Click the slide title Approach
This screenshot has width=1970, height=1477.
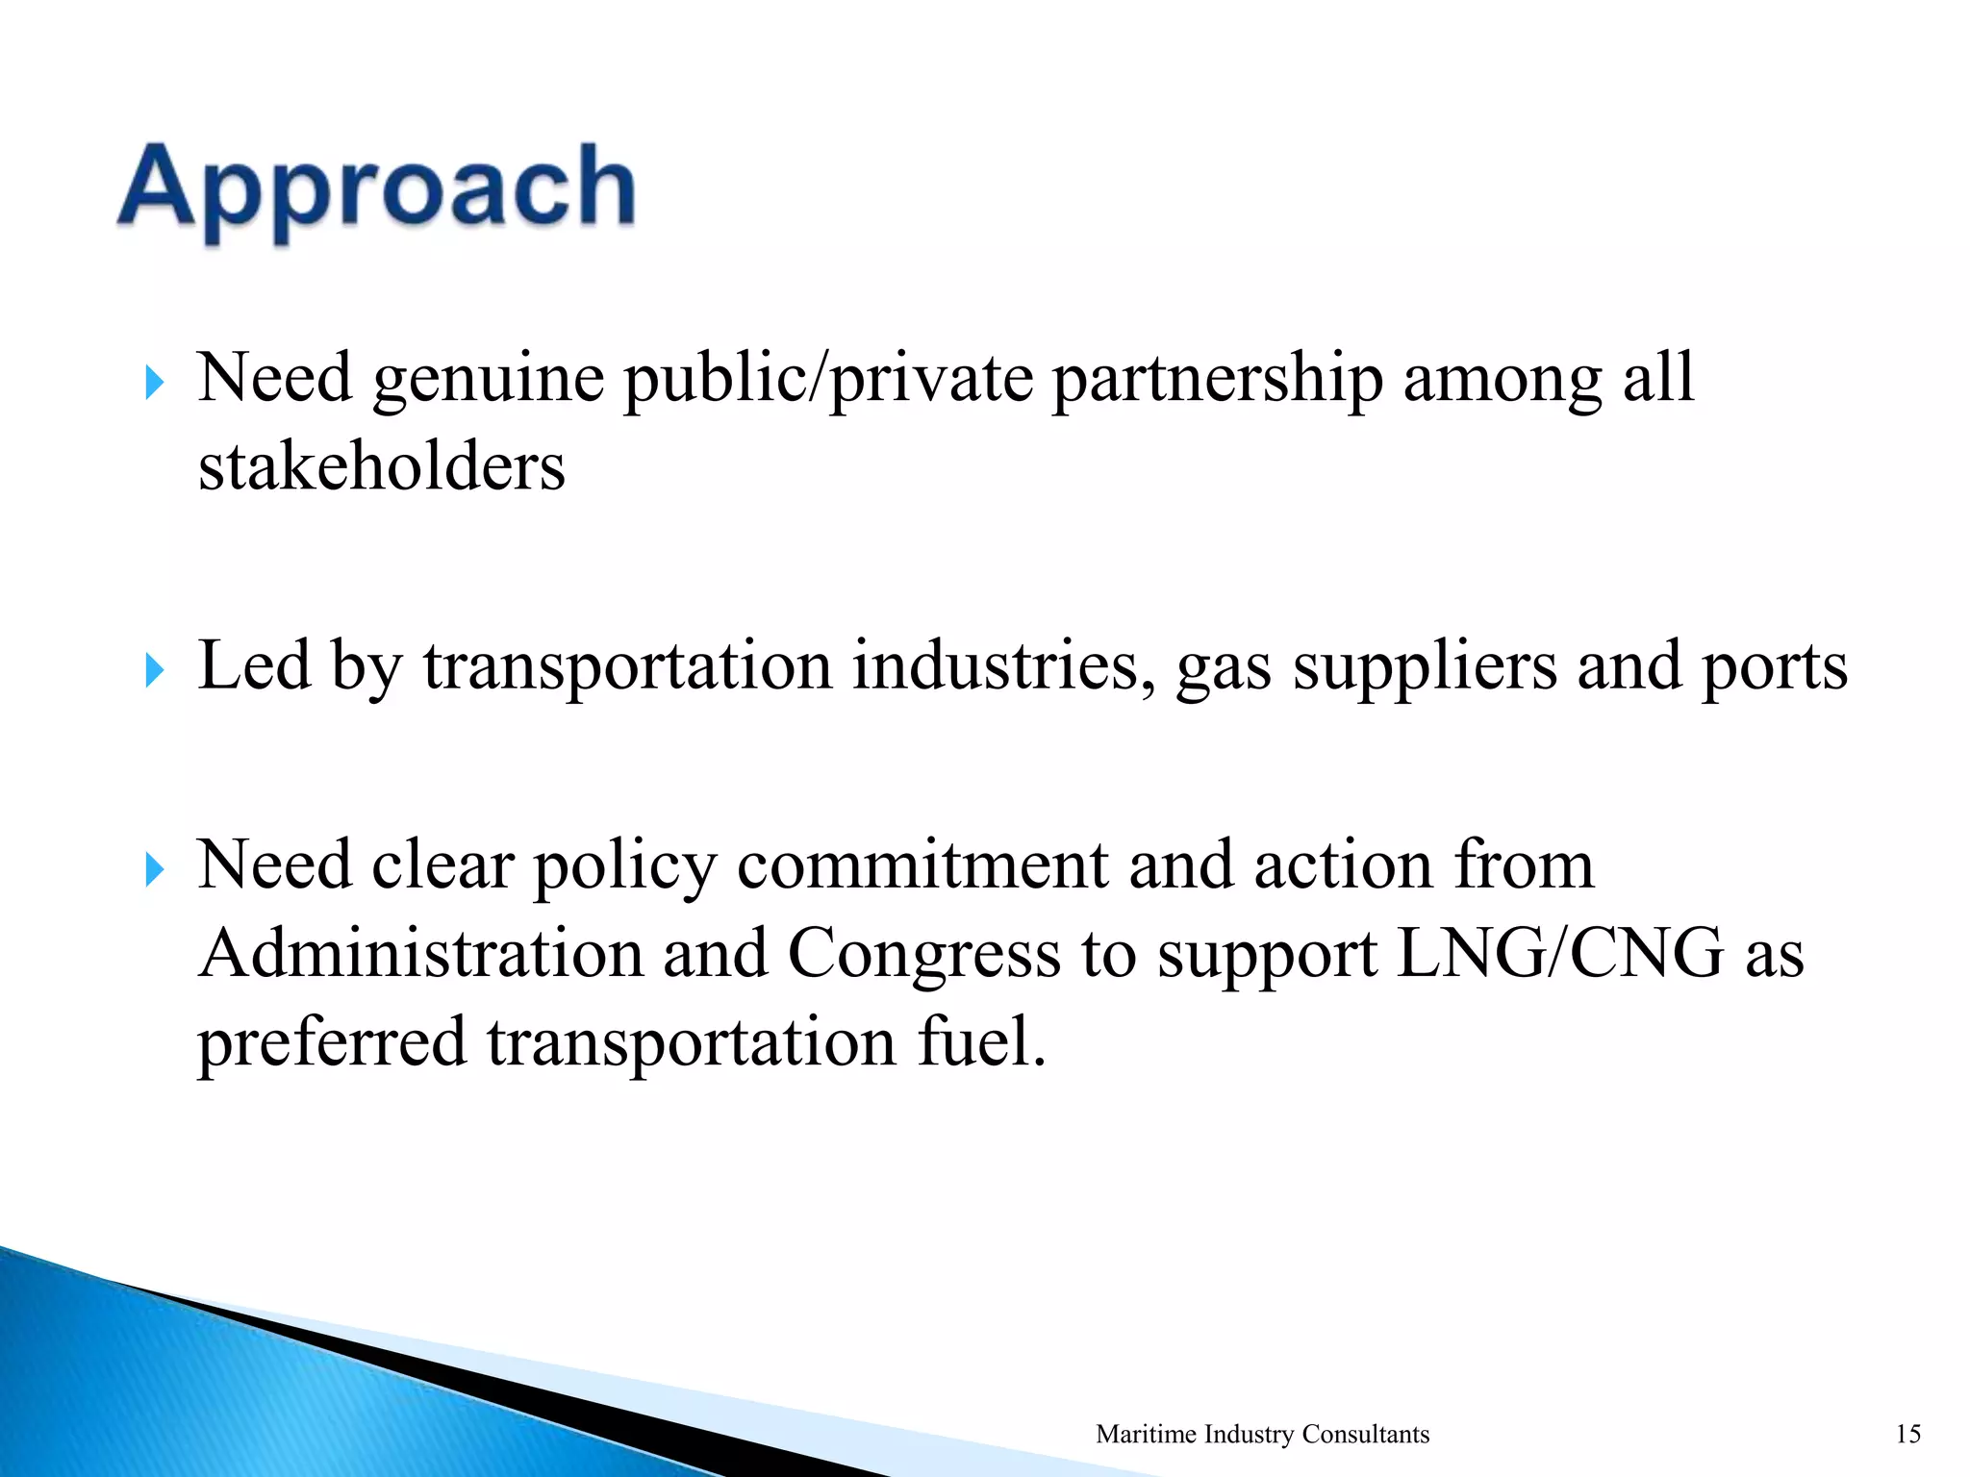376,188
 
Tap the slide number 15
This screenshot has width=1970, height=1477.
1908,1434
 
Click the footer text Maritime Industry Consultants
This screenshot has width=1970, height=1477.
1262,1434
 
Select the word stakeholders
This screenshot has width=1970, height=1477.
382,467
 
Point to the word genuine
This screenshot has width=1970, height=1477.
489,379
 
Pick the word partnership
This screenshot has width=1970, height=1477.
1218,379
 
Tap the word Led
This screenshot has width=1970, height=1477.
254,665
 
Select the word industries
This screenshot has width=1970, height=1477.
1004,665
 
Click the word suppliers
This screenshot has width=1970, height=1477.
1425,667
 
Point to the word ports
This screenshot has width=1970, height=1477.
1775,667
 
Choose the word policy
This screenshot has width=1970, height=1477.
625,865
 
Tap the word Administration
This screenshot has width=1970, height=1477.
421,954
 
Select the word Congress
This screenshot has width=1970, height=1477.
924,956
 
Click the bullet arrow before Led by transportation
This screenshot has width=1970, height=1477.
154,670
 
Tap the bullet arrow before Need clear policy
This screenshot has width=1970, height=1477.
154,870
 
